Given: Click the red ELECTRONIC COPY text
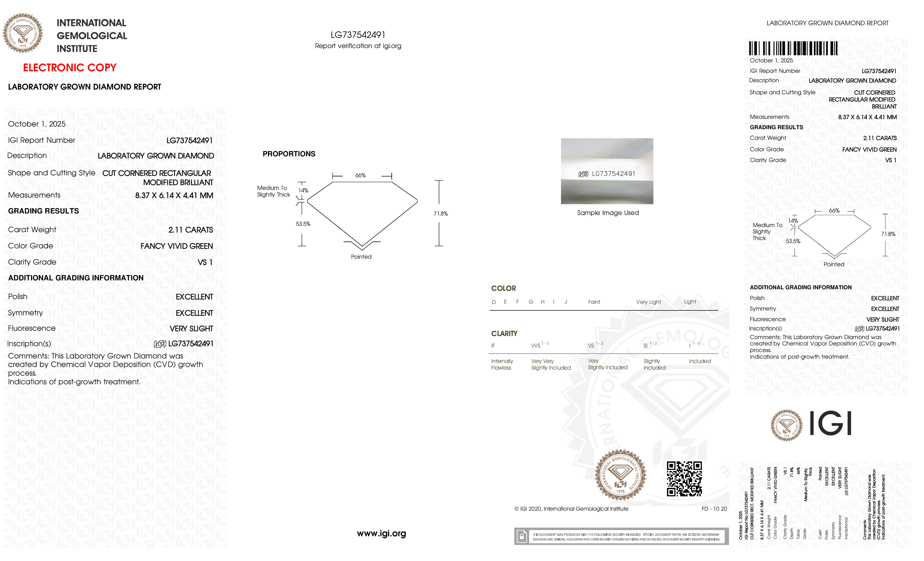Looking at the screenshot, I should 70,68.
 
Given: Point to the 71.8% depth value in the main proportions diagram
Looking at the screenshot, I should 441,214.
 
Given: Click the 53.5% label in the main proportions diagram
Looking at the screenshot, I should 303,224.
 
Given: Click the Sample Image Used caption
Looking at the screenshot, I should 608,213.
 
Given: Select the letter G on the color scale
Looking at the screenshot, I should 531,302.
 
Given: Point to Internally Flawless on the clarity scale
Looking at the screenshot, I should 502,365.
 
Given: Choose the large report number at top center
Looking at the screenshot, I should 358,35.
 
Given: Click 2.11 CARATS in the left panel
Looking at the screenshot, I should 190,230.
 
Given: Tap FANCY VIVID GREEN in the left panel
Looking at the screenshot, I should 177,246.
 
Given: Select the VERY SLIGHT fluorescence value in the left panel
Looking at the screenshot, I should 191,328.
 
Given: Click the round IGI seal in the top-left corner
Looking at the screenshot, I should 23,33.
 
